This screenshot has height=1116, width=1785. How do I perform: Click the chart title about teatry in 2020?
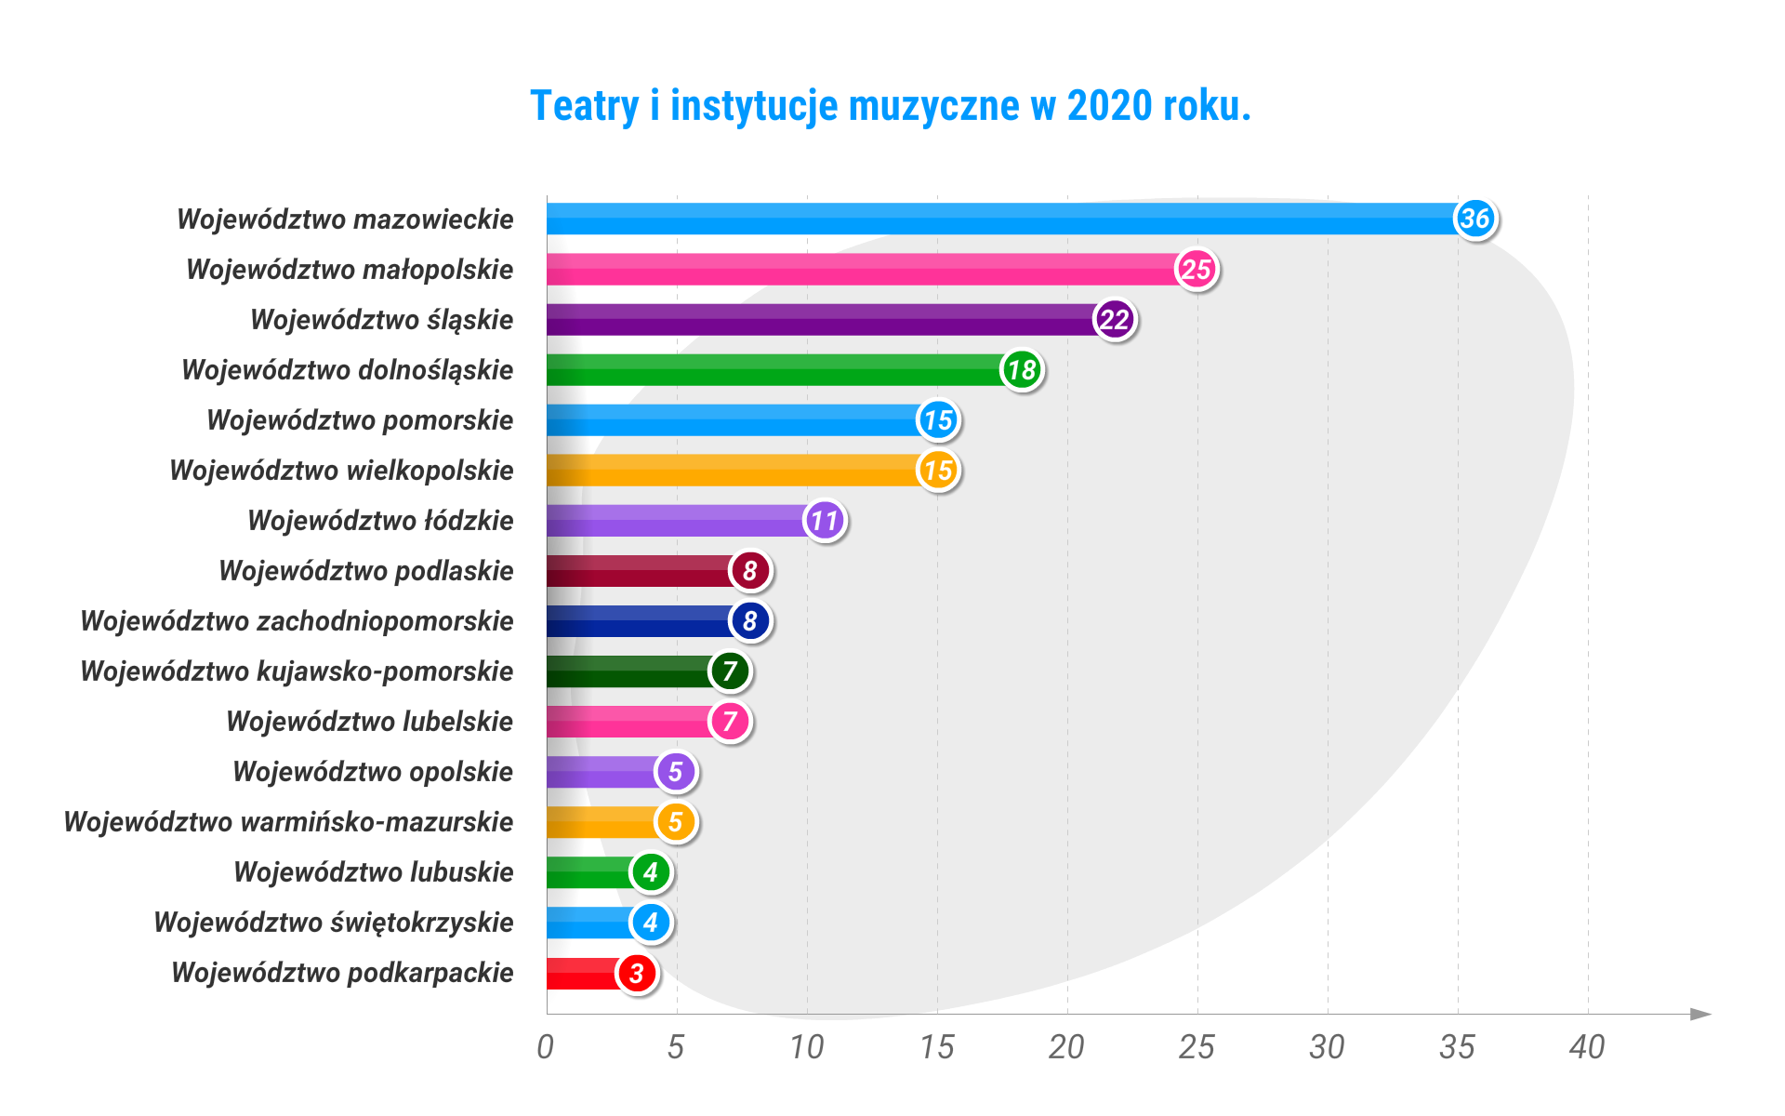tap(890, 106)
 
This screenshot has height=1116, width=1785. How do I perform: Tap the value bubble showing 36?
tap(1475, 219)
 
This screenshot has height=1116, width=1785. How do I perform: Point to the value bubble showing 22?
tap(1115, 320)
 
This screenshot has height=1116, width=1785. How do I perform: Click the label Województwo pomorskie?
tap(360, 420)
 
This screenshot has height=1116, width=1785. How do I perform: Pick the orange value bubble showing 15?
tap(938, 471)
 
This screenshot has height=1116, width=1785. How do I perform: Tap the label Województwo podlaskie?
tap(366, 571)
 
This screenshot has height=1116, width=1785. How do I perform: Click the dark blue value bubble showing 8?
tap(750, 621)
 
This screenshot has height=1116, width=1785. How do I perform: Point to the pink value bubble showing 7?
tap(730, 722)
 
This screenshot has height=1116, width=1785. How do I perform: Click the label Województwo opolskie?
tap(373, 772)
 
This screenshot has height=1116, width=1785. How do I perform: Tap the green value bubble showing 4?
tap(651, 872)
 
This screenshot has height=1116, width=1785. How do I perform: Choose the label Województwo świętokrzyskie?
tap(334, 923)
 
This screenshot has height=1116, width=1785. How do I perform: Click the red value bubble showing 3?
tap(637, 973)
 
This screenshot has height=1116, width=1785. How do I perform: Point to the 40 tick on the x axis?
tap(1587, 1048)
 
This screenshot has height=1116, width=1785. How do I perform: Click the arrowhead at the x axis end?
tap(1700, 1014)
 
